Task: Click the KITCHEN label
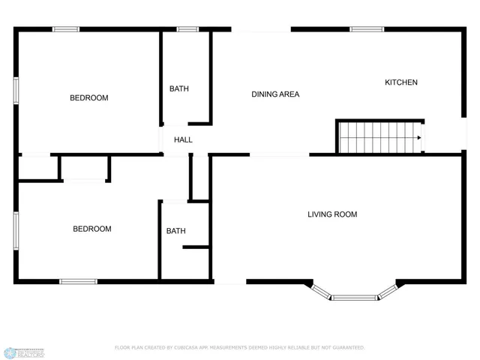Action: click(401, 82)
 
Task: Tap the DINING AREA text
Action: click(275, 94)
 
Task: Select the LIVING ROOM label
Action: click(332, 214)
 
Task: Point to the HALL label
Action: click(183, 139)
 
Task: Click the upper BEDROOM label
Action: click(88, 98)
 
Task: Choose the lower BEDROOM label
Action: click(91, 229)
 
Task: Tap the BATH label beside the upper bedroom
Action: click(179, 88)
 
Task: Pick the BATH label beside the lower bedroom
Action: click(176, 231)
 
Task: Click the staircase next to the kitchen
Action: click(379, 138)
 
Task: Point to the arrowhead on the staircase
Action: click(418, 138)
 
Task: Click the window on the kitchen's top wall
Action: click(367, 29)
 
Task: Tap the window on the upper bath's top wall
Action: click(187, 29)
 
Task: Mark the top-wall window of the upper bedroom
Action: click(65, 29)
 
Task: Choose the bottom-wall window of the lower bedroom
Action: click(78, 281)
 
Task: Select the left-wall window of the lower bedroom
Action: click(16, 230)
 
